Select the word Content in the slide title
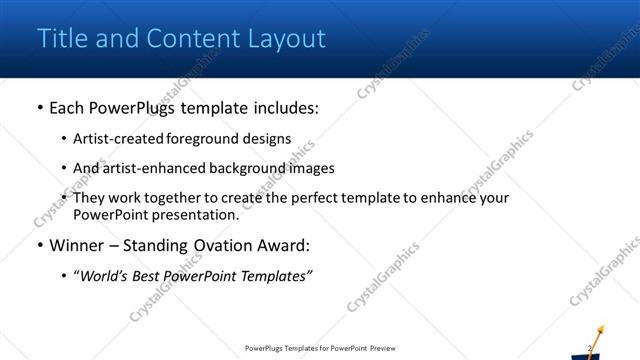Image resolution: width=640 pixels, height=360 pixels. tap(189, 39)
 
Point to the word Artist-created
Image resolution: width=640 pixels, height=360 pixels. tap(117, 139)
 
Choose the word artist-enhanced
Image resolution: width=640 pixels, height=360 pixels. tap(152, 168)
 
